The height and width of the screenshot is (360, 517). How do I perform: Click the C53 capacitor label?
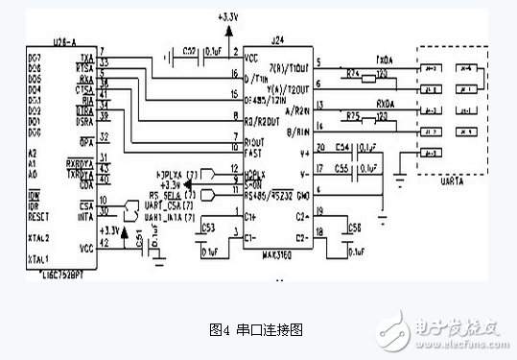tap(208, 228)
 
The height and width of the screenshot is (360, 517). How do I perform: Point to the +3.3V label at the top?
tap(229, 17)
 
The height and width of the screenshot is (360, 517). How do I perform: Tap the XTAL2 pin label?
tap(41, 237)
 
